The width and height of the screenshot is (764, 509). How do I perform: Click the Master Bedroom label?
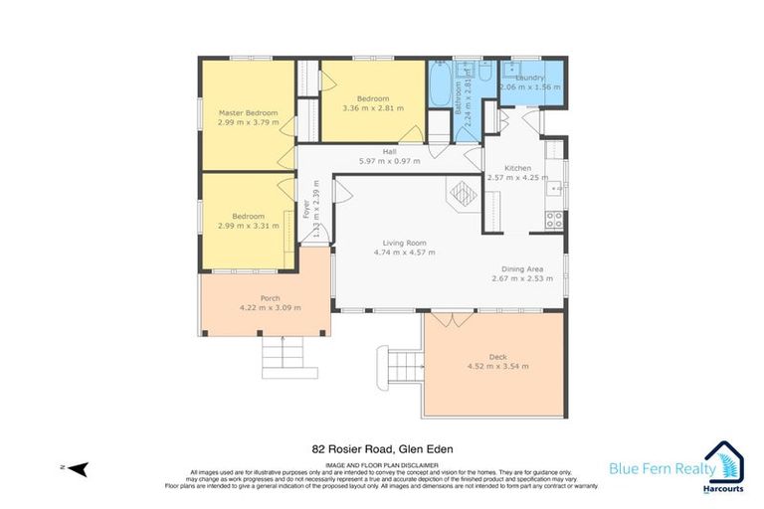click(x=248, y=113)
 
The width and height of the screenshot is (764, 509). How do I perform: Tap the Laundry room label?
click(x=529, y=78)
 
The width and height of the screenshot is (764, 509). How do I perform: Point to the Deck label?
click(x=497, y=357)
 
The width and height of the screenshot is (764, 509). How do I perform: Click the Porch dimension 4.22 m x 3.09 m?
click(x=270, y=308)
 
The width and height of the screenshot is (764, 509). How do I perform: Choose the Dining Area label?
click(x=521, y=268)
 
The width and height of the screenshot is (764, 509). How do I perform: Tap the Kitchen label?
click(x=517, y=168)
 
